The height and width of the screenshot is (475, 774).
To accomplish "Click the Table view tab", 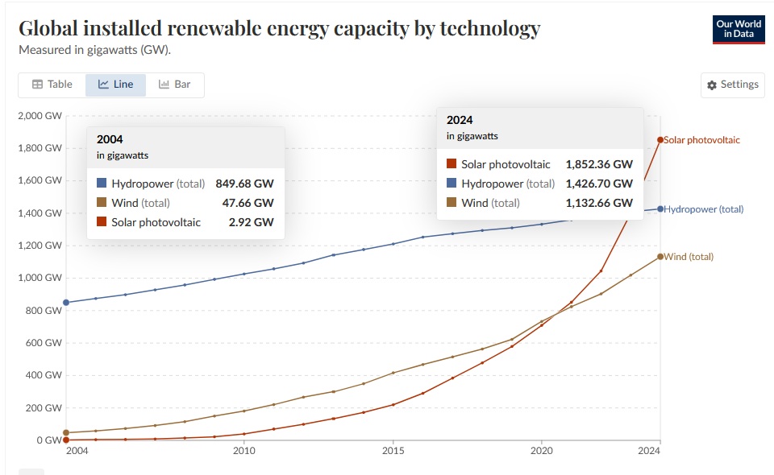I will point(52,85).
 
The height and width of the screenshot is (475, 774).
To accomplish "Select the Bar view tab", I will point(175,85).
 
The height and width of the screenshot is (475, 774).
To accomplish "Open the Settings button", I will point(732,85).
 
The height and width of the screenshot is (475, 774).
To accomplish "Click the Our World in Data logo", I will point(739,29).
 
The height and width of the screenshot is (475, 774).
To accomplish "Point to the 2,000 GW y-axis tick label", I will point(40,116).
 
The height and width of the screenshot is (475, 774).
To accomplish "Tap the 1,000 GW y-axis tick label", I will point(40,278).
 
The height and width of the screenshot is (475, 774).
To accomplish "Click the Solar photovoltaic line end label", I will point(702,140).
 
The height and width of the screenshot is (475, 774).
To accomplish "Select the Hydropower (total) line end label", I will point(704,209).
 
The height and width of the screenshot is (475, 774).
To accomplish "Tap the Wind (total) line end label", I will point(689,257).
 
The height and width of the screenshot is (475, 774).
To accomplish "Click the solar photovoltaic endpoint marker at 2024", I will point(660,140).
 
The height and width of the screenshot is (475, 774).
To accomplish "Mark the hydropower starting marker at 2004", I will point(66,303).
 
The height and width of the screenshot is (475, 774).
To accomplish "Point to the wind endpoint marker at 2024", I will point(660,257).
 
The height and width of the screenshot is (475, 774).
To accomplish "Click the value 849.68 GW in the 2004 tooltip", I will point(244,184).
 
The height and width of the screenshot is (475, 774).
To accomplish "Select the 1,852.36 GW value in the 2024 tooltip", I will point(599,164).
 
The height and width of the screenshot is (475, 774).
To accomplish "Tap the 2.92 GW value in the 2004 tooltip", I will point(252,222).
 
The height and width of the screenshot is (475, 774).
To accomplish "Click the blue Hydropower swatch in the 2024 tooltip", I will point(451,184).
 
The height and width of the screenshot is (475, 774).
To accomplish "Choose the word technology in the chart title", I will point(484,29).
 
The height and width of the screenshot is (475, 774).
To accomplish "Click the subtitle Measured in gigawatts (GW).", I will point(95,49).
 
